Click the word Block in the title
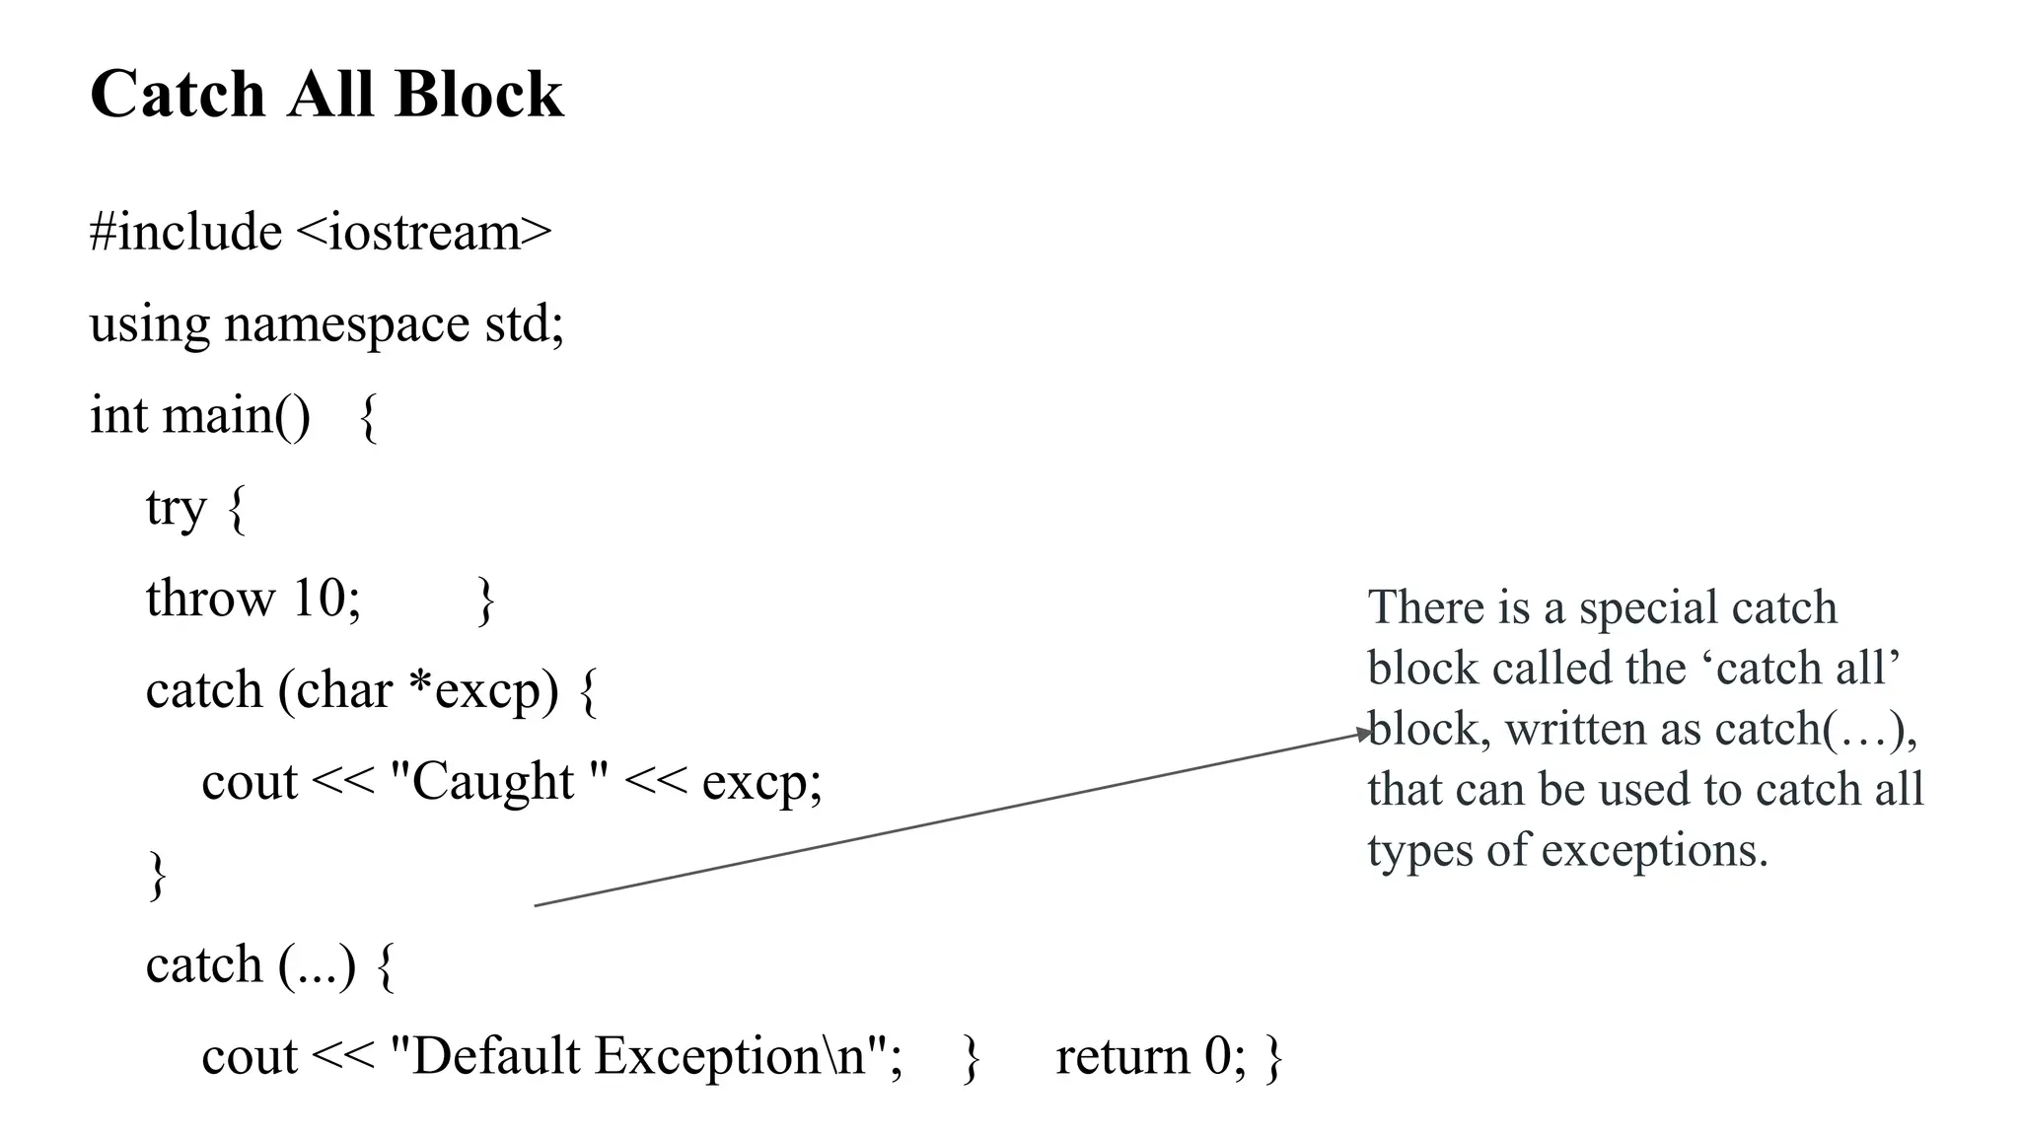[x=478, y=95]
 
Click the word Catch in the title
[x=178, y=95]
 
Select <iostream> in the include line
[x=423, y=233]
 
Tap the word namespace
[x=346, y=324]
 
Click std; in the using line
[x=524, y=324]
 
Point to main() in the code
[x=236, y=415]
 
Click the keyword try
[x=176, y=508]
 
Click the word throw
[x=210, y=599]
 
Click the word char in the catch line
[x=344, y=690]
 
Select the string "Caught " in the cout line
[x=499, y=782]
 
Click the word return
[x=1121, y=1056]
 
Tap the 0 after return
[x=1216, y=1056]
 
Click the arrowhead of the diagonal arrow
[x=1365, y=734]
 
